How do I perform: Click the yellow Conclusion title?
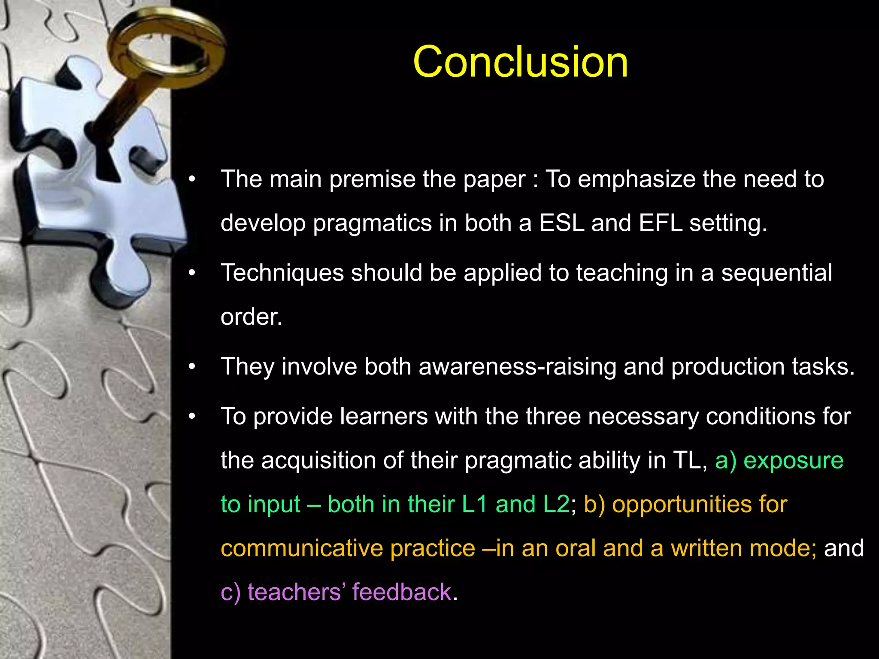(520, 62)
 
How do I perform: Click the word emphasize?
(637, 179)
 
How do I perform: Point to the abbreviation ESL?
(562, 223)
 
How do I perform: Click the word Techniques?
(282, 273)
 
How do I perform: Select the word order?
(251, 317)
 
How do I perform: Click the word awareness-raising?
(517, 367)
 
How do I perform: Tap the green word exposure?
(793, 461)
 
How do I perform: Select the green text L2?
(556, 504)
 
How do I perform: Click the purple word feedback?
(402, 592)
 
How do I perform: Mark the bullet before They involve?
(192, 367)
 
